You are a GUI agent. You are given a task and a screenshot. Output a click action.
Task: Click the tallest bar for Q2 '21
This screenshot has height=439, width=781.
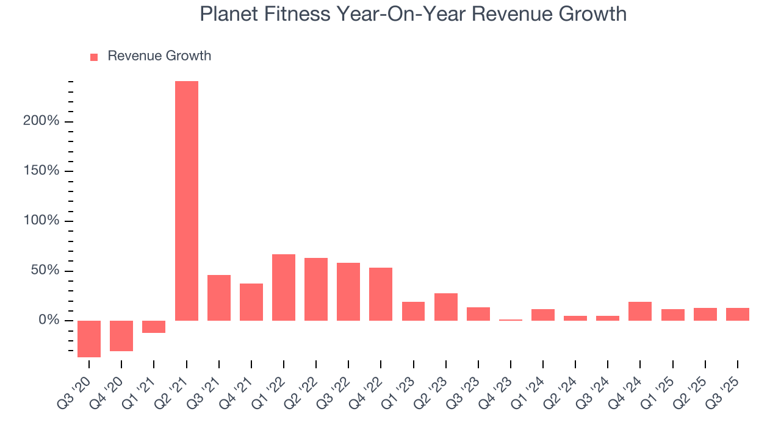tap(186, 201)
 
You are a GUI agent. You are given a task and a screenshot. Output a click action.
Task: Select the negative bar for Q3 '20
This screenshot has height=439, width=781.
tap(89, 338)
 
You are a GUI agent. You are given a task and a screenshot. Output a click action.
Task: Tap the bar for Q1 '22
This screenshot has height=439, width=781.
tap(284, 287)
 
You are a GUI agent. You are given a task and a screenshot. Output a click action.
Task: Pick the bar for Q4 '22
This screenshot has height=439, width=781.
tap(381, 294)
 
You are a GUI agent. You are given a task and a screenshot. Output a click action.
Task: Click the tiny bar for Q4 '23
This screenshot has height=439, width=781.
tap(511, 319)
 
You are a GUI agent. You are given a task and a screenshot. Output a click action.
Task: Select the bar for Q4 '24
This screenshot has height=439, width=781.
tap(640, 311)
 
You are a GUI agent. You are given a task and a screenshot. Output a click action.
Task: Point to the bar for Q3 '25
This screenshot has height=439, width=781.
tap(737, 314)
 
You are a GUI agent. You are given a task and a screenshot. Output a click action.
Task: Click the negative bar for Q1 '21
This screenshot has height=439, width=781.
tap(154, 327)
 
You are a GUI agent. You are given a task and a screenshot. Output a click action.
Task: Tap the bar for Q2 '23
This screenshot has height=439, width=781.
tap(446, 307)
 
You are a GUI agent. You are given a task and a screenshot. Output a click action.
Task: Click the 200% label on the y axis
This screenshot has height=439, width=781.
tap(41, 121)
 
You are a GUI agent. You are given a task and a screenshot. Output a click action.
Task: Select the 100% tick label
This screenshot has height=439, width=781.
tap(41, 221)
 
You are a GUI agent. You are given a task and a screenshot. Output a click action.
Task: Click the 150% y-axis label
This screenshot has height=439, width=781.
tap(41, 171)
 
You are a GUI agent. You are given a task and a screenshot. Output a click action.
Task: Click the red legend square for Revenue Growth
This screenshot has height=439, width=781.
tap(94, 57)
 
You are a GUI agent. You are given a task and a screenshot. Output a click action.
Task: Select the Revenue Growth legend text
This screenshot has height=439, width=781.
tap(159, 56)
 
